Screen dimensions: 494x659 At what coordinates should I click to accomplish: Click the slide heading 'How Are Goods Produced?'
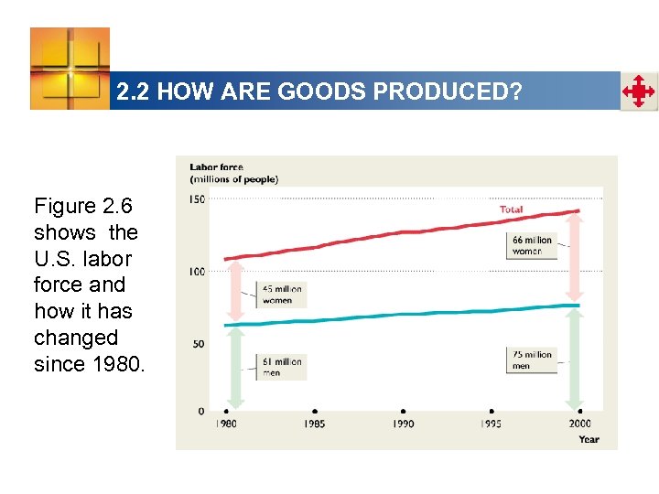pos(319,92)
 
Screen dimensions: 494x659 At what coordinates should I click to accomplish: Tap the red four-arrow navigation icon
pos(638,92)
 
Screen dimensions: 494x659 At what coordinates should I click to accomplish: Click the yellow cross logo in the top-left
pos(70,68)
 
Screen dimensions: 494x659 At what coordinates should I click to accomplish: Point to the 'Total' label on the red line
pos(511,209)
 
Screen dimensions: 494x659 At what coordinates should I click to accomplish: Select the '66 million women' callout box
pos(532,245)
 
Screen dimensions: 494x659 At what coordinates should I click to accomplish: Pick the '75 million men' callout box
pos(532,360)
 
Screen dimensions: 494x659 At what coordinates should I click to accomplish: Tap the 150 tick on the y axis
pos(197,199)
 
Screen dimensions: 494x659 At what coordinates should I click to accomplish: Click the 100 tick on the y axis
pos(197,272)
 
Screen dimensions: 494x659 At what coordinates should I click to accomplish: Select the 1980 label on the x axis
pos(225,424)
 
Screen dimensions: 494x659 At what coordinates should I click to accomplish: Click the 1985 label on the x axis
pos(314,424)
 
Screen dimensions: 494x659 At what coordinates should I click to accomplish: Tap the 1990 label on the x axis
pos(403,424)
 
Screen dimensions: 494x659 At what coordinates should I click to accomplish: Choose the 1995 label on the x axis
pos(492,424)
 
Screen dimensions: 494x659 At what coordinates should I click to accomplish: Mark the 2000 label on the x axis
pos(579,424)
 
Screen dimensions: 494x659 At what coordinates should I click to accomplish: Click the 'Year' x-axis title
pos(589,439)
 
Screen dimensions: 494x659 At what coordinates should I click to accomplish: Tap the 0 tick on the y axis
pos(201,411)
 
